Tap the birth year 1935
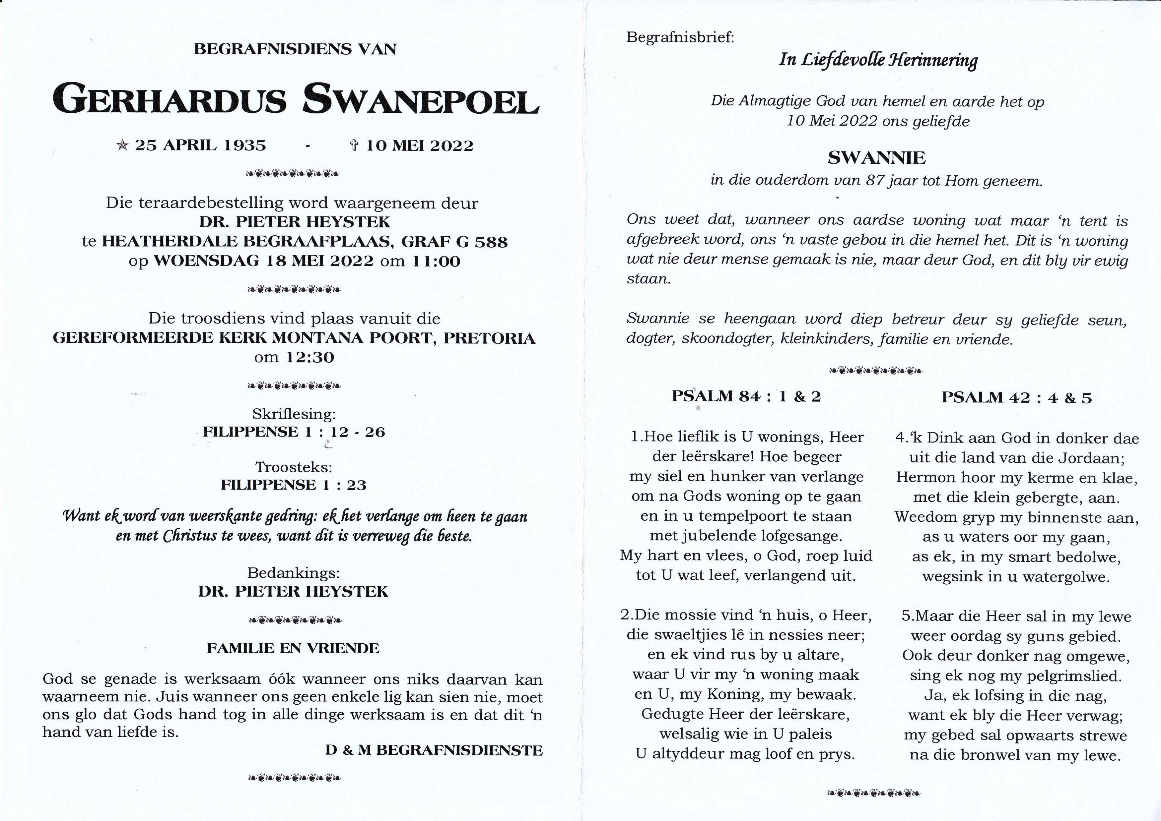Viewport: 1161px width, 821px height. click(245, 146)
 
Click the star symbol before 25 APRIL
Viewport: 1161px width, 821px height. click(122, 146)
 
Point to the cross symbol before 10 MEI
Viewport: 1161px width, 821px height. click(354, 146)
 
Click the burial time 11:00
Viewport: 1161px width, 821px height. click(436, 262)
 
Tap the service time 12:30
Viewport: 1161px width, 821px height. click(310, 357)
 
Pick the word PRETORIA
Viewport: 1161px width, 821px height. click(489, 338)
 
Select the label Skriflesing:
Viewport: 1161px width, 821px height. click(294, 414)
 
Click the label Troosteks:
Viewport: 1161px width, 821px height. click(294, 467)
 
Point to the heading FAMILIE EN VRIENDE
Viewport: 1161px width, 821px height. click(293, 648)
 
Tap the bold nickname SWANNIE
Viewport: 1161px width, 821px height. click(877, 158)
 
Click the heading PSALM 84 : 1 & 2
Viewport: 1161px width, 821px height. click(746, 396)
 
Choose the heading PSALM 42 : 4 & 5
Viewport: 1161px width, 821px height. click(1016, 398)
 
